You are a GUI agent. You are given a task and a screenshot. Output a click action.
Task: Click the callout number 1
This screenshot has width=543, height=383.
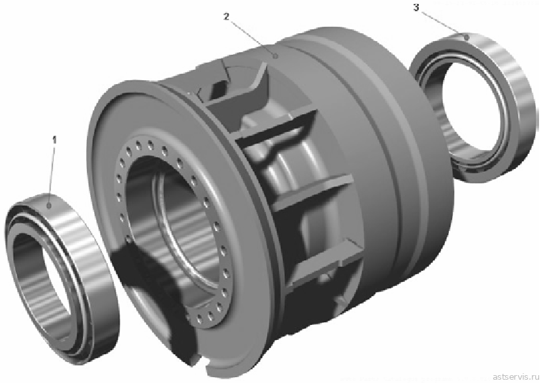click(54, 140)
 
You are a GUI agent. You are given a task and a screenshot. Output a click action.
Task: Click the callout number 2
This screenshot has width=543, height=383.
click(226, 16)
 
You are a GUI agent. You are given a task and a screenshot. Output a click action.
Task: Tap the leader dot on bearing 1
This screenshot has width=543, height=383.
click(49, 206)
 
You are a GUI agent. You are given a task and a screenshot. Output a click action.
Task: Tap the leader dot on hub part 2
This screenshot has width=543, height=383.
click(275, 55)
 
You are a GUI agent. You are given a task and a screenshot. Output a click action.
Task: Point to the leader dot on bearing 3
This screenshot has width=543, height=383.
click(467, 37)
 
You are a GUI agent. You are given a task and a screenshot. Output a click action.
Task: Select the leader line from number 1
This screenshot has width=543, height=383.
click(52, 175)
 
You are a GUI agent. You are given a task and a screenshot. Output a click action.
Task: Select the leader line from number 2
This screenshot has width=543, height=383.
click(252, 37)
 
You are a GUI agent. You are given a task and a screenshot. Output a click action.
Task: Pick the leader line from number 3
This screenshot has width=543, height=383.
click(442, 23)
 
